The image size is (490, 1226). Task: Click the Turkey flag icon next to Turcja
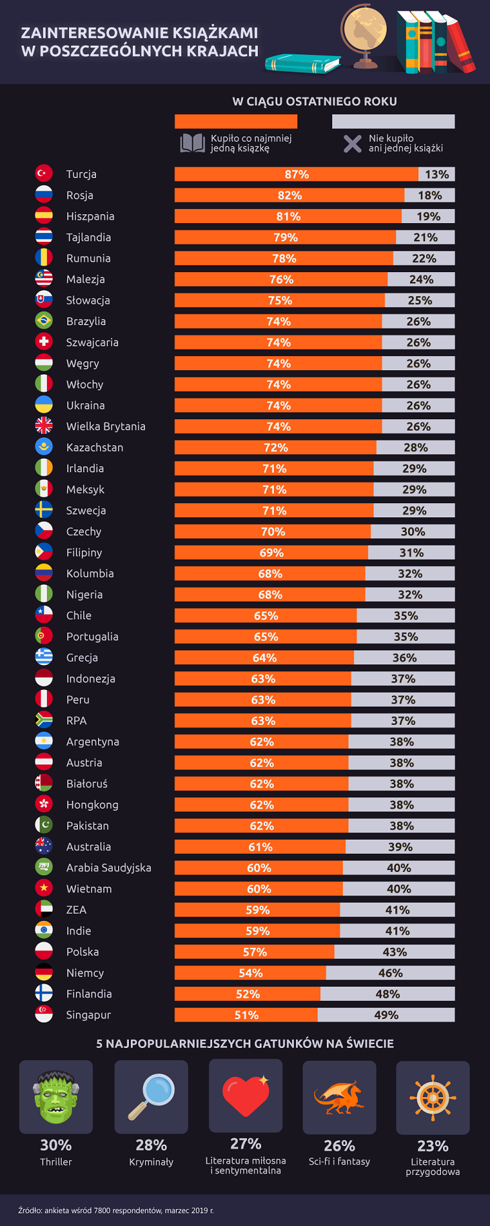[x=44, y=173]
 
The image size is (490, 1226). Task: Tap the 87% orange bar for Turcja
[x=296, y=175]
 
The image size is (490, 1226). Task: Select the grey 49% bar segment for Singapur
[x=386, y=1015]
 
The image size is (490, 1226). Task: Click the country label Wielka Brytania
[x=105, y=427]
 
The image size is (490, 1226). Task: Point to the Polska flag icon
[x=44, y=951]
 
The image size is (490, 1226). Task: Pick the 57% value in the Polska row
[x=254, y=952]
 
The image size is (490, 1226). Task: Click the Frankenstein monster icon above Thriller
[x=56, y=1096]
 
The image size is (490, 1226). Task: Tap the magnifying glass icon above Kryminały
[x=151, y=1096]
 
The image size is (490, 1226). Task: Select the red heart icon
[x=246, y=1095]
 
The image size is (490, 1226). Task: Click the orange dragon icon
[x=339, y=1098]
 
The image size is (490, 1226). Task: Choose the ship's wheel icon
[x=433, y=1098]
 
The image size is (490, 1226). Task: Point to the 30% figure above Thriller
[x=56, y=1145]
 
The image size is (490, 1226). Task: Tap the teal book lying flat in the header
[x=303, y=64]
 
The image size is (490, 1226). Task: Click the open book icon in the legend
[x=192, y=143]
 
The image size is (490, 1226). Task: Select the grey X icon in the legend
[x=352, y=143]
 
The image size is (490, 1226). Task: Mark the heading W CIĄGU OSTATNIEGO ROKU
[x=314, y=101]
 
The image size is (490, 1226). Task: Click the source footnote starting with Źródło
[x=115, y=1211]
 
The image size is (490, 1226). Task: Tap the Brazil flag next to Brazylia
[x=44, y=320]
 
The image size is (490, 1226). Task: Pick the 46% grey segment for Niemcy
[x=390, y=973]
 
